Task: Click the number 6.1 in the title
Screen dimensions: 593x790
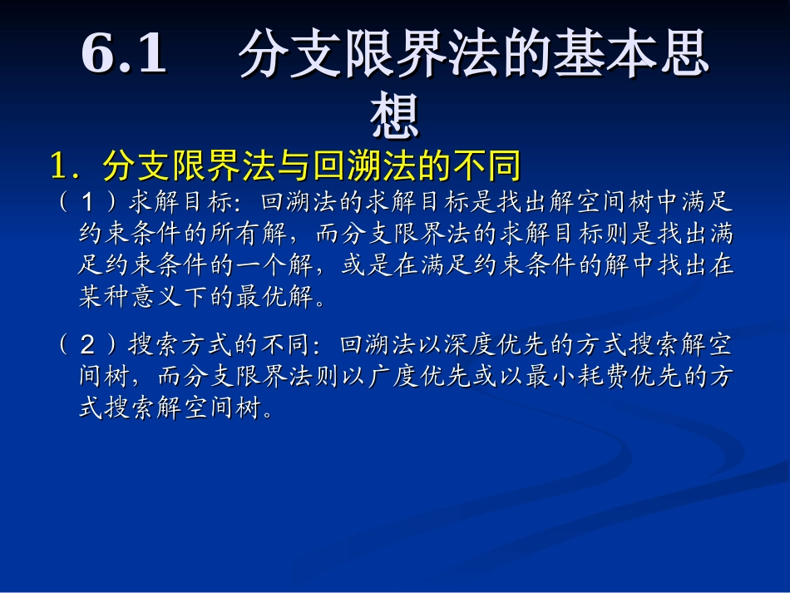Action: pos(125,55)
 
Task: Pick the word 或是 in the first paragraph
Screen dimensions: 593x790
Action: pos(357,266)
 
